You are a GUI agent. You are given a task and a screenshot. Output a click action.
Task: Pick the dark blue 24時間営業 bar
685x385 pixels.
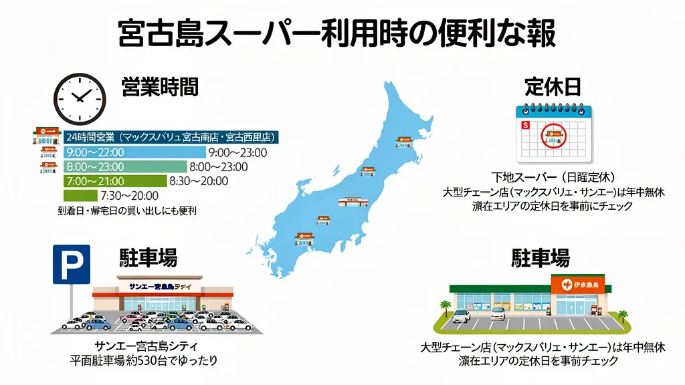click(x=171, y=137)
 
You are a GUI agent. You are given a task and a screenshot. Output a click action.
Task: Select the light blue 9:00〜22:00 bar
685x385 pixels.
click(x=134, y=152)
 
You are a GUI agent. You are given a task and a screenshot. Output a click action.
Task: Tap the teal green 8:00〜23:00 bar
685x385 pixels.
click(x=125, y=166)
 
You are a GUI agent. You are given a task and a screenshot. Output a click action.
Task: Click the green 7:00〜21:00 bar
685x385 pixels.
click(x=114, y=181)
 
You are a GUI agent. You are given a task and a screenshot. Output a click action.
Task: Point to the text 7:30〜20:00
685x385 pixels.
click(x=128, y=196)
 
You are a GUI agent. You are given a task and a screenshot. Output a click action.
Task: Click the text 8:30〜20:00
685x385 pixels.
click(x=199, y=181)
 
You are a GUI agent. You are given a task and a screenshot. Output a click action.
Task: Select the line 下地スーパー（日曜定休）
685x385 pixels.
click(x=553, y=178)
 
